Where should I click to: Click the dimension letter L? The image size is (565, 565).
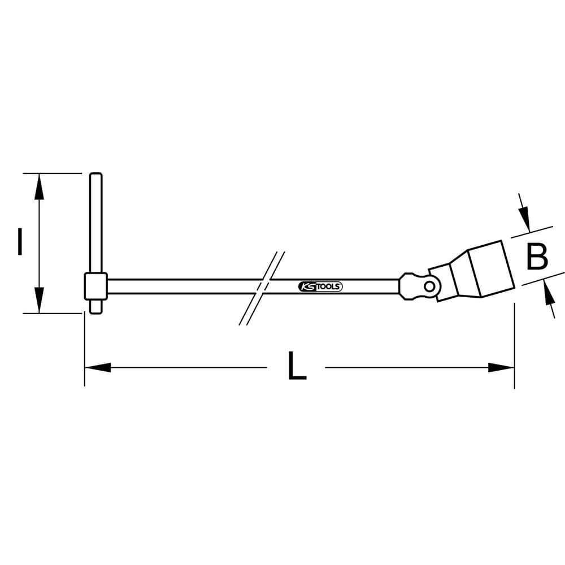coord(296,367)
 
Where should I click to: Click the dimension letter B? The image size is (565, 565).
coord(536,257)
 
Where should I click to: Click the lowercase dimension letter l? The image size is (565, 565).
coord(20,242)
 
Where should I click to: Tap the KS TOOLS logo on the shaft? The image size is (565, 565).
coord(319,287)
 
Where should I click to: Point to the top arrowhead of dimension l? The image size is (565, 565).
coord(38,186)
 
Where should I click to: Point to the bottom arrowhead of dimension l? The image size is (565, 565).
coord(38,299)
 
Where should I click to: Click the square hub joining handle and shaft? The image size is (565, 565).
coord(95,286)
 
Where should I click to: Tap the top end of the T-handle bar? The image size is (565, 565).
coord(96,176)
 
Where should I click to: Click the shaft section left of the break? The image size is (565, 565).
coord(181,286)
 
